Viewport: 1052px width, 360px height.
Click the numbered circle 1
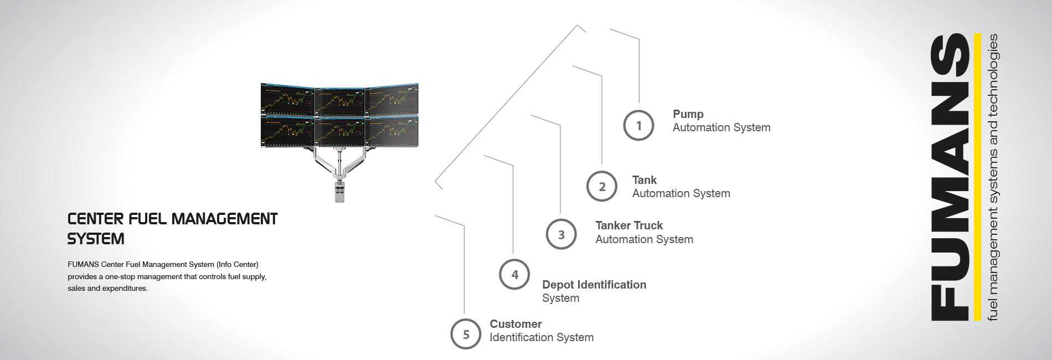(638, 125)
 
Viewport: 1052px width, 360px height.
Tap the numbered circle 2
(602, 186)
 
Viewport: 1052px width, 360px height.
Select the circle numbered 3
(561, 234)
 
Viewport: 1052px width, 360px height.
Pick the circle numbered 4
(514, 274)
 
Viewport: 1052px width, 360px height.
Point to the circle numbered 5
(466, 334)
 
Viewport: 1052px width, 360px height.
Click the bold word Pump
(688, 114)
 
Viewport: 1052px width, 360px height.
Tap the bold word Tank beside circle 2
(644, 180)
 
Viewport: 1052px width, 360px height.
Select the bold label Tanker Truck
(629, 225)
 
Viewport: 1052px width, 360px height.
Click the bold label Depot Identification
(594, 285)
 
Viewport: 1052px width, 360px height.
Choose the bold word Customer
(515, 324)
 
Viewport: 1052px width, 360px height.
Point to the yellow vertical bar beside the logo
(977, 177)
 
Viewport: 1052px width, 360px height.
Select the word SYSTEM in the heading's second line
(96, 239)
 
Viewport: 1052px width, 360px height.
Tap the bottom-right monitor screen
(392, 132)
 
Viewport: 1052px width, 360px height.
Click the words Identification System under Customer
(542, 337)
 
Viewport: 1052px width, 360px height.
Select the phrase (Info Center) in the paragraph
(238, 264)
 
